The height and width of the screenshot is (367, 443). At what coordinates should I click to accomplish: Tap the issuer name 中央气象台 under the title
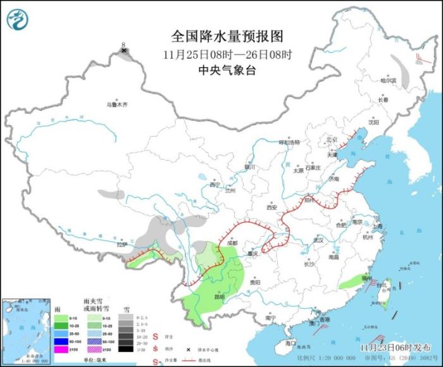(x=221, y=70)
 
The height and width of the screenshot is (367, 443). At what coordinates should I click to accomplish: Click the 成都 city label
(x=230, y=242)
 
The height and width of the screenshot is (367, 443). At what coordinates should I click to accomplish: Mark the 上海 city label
(x=378, y=225)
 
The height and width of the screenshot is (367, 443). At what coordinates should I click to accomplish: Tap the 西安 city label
(x=272, y=207)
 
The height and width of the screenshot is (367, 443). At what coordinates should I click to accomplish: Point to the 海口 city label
(x=290, y=342)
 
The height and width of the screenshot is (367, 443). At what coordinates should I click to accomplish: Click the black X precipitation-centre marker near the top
(x=125, y=50)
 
